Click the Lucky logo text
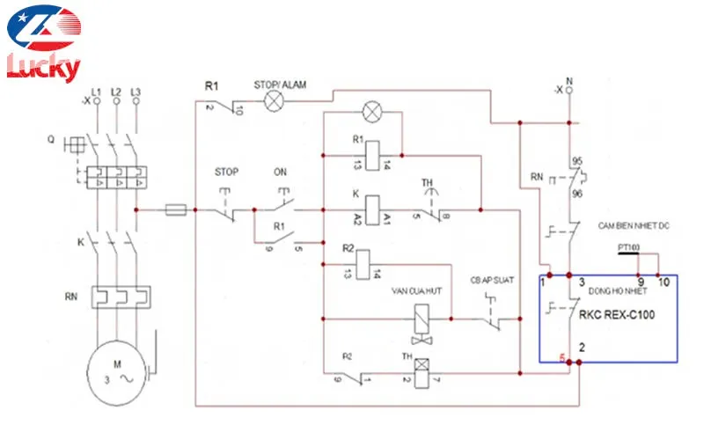click(44, 67)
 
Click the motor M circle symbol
click(115, 372)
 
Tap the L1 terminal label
click(96, 92)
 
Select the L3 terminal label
click(136, 92)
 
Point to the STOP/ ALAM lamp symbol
click(275, 101)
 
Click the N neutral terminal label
click(570, 82)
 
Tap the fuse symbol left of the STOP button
click(175, 210)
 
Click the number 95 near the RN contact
click(578, 162)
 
